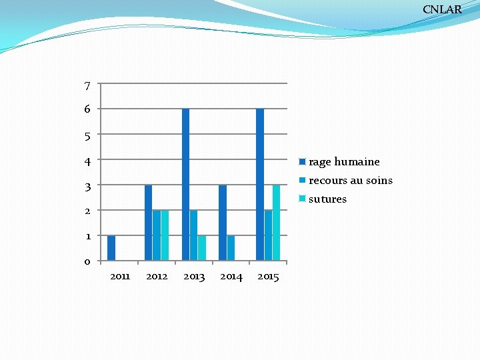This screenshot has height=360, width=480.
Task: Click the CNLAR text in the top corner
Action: coord(442,9)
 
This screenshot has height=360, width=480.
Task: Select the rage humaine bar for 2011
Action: coord(111,248)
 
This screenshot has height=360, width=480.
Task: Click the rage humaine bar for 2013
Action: coord(185,185)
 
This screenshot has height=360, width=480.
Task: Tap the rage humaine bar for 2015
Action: coord(260,185)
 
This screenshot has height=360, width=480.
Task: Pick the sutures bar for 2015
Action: coord(276,223)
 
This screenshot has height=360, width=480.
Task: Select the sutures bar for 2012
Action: coord(165,235)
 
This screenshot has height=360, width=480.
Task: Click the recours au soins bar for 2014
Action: coord(231,248)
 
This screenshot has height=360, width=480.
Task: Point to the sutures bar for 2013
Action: coord(202,248)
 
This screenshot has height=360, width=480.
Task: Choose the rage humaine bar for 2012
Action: coord(148,223)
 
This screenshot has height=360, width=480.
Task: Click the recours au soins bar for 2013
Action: coord(193,235)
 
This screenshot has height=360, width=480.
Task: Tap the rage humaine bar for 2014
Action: coord(223,223)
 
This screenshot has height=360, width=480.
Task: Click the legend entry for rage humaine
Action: coord(340,162)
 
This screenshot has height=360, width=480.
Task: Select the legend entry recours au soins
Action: coord(346,181)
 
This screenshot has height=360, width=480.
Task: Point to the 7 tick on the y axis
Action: coord(87,85)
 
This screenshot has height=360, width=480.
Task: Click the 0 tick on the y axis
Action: coord(87,261)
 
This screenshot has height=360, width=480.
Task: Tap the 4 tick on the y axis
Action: coord(87,161)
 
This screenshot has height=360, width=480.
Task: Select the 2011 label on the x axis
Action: coord(119,277)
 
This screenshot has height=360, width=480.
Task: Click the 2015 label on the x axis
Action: coord(268,277)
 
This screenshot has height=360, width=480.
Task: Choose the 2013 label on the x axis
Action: coord(194,277)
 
